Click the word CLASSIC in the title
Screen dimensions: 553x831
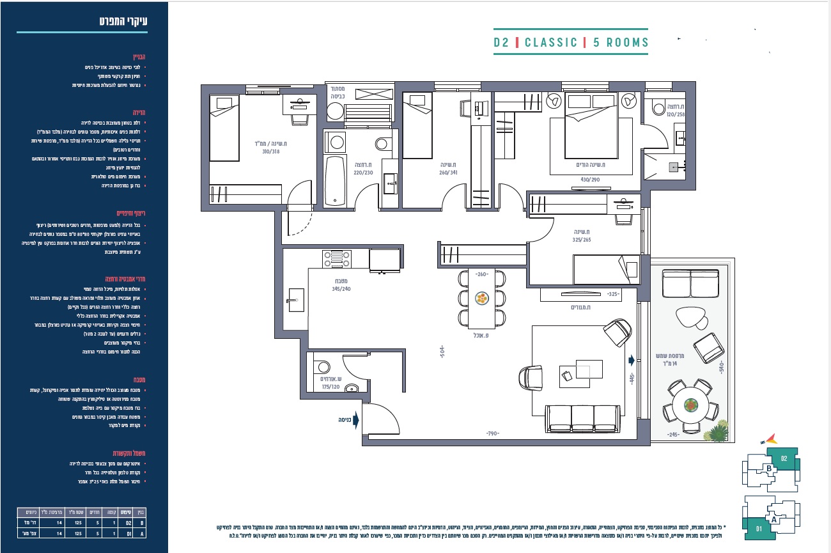click(550, 43)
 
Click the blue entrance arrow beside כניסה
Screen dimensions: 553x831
click(356, 420)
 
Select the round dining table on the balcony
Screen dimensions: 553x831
click(690, 405)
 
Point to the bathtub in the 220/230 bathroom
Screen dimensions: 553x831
click(334, 181)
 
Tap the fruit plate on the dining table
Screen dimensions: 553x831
click(482, 299)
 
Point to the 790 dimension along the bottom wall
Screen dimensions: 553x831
click(492, 434)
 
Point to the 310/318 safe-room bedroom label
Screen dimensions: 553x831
click(270, 148)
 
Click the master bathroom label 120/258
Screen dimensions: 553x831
click(676, 110)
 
